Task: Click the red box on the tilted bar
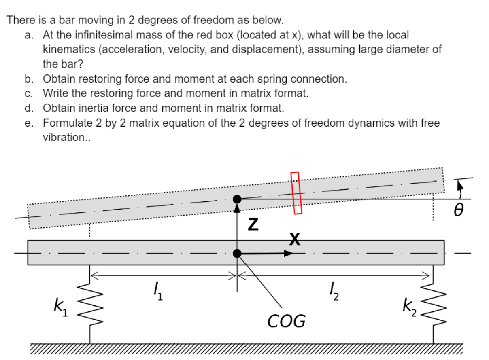[x=296, y=193]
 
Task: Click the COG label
[x=287, y=322]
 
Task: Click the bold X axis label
[x=295, y=240]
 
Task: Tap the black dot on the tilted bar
[x=238, y=199]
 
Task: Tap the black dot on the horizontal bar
[x=238, y=254]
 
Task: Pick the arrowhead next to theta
[x=459, y=185]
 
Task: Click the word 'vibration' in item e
[x=65, y=138]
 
